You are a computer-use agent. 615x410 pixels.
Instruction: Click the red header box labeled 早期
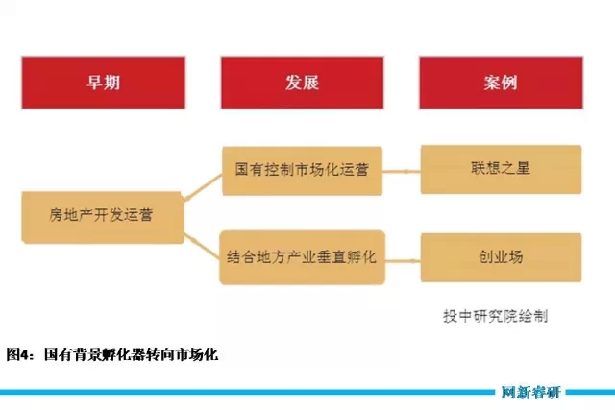pyautogui.click(x=103, y=83)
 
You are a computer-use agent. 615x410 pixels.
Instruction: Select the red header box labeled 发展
pyautogui.click(x=302, y=83)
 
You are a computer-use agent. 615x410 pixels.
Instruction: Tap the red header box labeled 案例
pyautogui.click(x=501, y=83)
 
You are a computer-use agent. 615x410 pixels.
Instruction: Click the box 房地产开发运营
pyautogui.click(x=103, y=218)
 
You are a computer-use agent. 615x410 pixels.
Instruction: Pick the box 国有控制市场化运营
pyautogui.click(x=302, y=171)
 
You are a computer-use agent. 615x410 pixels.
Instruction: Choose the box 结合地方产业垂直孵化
pyautogui.click(x=302, y=257)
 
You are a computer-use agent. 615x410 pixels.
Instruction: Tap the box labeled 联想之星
pyautogui.click(x=501, y=169)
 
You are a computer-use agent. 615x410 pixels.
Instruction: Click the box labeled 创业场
pyautogui.click(x=501, y=257)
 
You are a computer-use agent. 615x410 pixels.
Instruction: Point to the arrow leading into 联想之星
pyautogui.click(x=402, y=171)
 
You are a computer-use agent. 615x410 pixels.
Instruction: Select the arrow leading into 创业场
pyautogui.click(x=403, y=260)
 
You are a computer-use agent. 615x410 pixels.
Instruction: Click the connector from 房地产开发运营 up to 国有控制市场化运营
pyautogui.click(x=203, y=188)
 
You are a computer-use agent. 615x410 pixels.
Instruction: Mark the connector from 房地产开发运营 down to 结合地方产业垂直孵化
pyautogui.click(x=202, y=247)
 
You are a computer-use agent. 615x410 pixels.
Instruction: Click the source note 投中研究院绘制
pyautogui.click(x=496, y=316)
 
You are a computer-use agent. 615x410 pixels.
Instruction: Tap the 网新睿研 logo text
pyautogui.click(x=531, y=392)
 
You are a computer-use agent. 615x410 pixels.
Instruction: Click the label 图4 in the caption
pyautogui.click(x=16, y=354)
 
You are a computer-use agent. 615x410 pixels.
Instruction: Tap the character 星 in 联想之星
pyautogui.click(x=523, y=168)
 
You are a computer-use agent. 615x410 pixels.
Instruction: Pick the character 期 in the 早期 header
pyautogui.click(x=111, y=83)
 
